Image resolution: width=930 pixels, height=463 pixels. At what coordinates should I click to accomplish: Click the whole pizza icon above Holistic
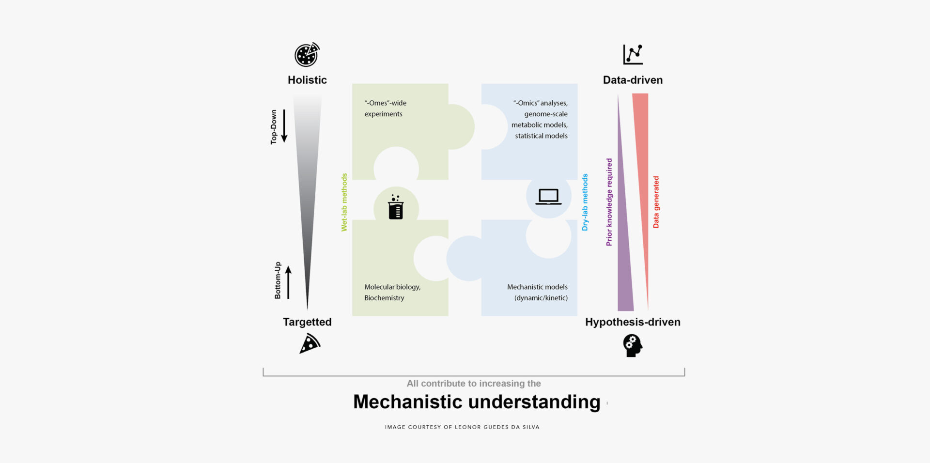307,55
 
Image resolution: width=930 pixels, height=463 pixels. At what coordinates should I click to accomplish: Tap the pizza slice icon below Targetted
310,344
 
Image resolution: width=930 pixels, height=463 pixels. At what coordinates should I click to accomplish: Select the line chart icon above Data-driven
633,55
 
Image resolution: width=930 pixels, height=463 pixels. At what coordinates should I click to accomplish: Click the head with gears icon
632,346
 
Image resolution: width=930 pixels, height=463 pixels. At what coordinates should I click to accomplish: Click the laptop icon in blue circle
548,197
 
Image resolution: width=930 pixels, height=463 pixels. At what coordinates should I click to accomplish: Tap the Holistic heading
307,80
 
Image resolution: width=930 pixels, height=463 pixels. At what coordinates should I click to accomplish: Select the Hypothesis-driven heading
633,322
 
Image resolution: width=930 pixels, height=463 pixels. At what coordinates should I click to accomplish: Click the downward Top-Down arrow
284,126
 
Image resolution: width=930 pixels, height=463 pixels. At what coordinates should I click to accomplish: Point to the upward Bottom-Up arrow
288,282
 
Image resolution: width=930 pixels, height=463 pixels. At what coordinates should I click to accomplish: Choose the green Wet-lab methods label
344,202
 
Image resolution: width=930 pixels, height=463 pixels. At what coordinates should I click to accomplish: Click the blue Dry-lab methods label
585,202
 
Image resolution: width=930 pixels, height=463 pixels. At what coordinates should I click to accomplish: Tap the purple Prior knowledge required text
609,202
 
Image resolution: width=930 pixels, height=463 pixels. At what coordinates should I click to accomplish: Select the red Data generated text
656,202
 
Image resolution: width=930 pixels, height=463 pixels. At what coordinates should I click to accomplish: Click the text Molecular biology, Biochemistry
392,293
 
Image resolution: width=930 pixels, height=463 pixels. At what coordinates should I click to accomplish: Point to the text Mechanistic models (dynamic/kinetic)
538,293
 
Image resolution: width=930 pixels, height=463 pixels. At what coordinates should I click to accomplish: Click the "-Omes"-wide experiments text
385,108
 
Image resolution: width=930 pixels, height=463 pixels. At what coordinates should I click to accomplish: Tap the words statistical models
541,136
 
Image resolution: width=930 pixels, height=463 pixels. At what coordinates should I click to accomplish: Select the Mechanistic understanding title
477,402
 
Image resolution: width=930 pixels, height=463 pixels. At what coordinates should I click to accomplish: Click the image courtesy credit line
462,427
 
